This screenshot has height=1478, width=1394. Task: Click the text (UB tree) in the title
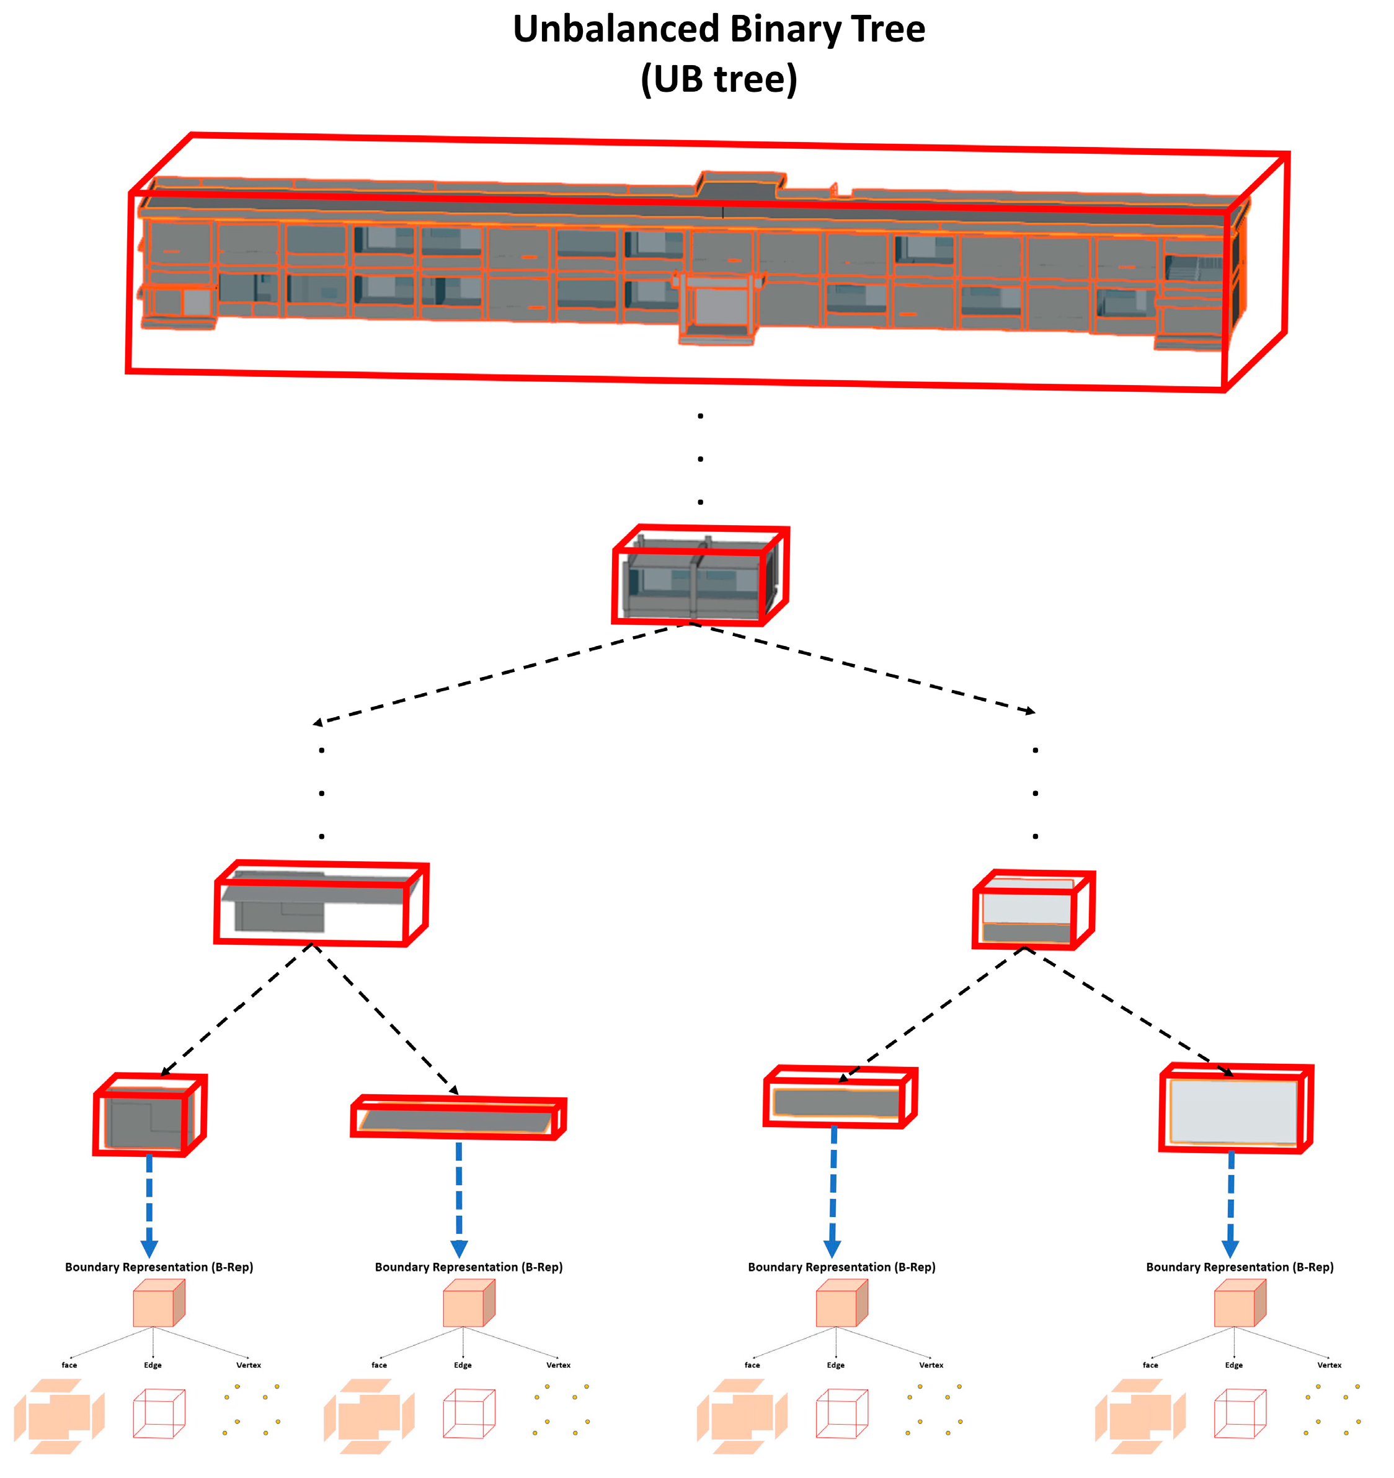click(x=718, y=79)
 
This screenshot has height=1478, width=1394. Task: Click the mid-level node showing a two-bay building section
click(x=699, y=576)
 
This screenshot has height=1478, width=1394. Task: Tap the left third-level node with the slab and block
click(x=321, y=903)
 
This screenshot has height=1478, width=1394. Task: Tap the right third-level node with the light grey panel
click(x=1034, y=909)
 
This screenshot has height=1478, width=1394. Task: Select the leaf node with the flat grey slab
click(x=458, y=1117)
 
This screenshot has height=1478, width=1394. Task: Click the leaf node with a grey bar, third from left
click(x=840, y=1098)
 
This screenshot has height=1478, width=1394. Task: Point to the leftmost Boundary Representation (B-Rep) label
click(x=159, y=1267)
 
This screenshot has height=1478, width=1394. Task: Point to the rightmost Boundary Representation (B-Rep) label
click(x=1240, y=1267)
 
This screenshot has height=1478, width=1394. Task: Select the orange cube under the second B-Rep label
click(x=468, y=1303)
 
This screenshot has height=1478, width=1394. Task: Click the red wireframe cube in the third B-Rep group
click(x=841, y=1412)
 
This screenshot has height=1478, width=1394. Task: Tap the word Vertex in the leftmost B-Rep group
click(x=248, y=1365)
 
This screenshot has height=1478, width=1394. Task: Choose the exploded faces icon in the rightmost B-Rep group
click(x=1140, y=1415)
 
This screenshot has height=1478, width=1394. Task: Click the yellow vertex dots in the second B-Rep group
click(x=561, y=1410)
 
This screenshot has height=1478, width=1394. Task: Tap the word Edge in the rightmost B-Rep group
click(x=1233, y=1365)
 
